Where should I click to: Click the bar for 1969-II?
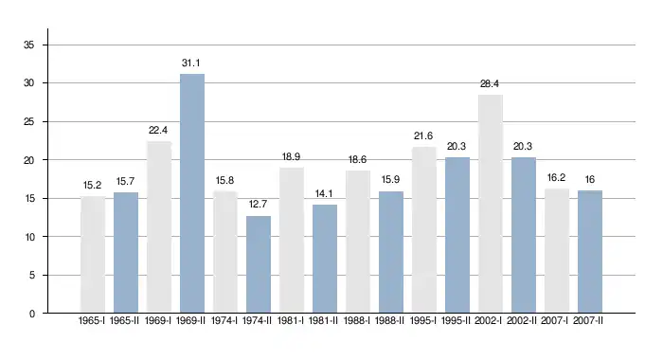click(192, 193)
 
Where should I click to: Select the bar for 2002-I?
click(491, 204)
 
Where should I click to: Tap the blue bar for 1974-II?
click(259, 264)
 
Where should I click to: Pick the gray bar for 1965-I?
click(93, 255)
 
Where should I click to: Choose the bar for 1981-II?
click(325, 259)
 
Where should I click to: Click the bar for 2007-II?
click(590, 252)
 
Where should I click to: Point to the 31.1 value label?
click(191, 63)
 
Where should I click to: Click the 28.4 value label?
click(490, 83)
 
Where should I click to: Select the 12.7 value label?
click(258, 205)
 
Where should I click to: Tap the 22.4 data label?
click(158, 131)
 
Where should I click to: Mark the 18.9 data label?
click(291, 157)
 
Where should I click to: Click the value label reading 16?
click(590, 180)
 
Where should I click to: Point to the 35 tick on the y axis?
click(28, 45)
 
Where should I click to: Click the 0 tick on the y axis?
click(31, 314)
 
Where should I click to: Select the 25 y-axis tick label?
click(28, 122)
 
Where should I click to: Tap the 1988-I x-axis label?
click(357, 320)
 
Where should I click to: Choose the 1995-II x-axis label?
click(456, 320)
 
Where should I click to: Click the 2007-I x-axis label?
click(555, 320)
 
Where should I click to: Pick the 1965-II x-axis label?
click(124, 320)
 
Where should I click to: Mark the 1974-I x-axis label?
click(224, 320)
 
